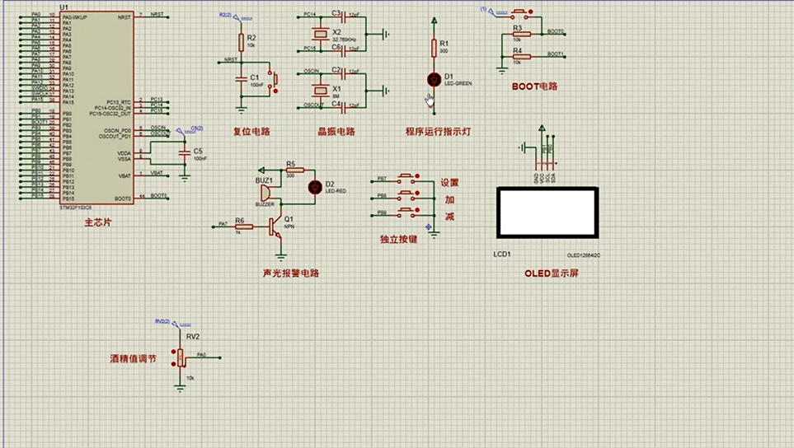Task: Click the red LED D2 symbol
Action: pos(313,187)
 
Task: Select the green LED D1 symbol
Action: pos(434,79)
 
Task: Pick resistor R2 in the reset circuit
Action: pos(242,42)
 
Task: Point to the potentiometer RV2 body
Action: pos(181,357)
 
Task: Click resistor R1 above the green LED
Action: pos(434,47)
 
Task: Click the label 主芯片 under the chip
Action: pos(97,222)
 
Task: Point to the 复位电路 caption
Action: pos(251,131)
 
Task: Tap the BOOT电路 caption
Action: pos(534,86)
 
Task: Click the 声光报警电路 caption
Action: pos(289,273)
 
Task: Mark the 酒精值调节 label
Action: pos(133,359)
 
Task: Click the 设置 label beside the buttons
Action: pos(449,183)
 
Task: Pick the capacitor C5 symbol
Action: pos(184,155)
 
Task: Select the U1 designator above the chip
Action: pos(64,8)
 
